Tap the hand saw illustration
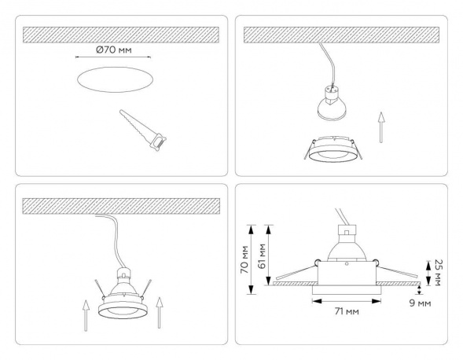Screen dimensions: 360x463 tap(143, 127)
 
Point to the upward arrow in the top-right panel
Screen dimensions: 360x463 tap(381, 128)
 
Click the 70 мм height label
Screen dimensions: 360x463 tap(244, 260)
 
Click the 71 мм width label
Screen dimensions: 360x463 tap(343, 313)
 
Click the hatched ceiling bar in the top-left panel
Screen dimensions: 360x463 tap(122, 35)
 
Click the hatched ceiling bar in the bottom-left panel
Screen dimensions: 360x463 tap(122, 204)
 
